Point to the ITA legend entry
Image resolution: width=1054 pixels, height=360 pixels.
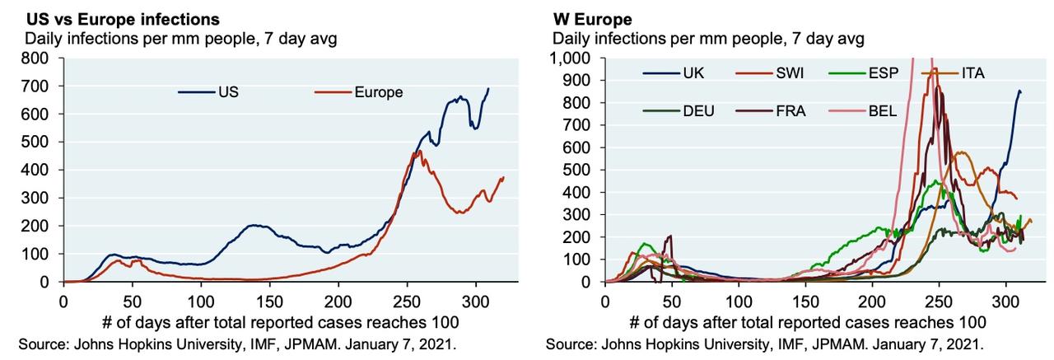click(x=972, y=73)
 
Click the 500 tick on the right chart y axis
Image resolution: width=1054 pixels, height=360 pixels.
click(x=582, y=170)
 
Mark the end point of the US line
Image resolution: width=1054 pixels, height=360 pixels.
click(x=488, y=88)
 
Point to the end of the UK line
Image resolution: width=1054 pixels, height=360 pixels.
click(x=1021, y=92)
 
